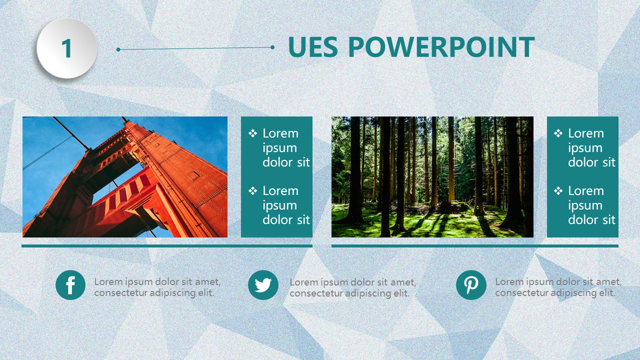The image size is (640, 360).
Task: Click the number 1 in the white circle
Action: point(66,48)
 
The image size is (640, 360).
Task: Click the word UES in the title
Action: point(313,47)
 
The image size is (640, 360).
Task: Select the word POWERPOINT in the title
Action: point(441,47)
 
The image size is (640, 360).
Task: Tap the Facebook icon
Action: point(70,285)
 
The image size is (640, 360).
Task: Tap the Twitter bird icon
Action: point(263,285)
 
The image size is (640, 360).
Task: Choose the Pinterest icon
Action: point(471,285)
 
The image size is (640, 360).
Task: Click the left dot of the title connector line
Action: point(118,49)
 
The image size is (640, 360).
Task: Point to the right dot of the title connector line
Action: point(272,47)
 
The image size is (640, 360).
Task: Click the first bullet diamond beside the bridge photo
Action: point(252,133)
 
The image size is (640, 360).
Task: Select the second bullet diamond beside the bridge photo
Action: point(252,190)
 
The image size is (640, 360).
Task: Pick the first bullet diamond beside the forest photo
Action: point(558,133)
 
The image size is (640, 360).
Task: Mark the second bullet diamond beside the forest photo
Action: point(558,190)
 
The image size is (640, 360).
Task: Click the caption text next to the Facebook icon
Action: point(157,287)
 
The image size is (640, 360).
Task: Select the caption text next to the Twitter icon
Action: point(353,287)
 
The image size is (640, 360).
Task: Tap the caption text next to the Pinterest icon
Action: point(558,287)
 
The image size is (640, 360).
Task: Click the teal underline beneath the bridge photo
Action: point(167,246)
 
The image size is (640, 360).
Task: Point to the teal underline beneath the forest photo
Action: point(475,246)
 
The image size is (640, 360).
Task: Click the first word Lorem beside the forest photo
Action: point(585,133)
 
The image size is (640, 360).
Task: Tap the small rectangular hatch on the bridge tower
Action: point(193,175)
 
